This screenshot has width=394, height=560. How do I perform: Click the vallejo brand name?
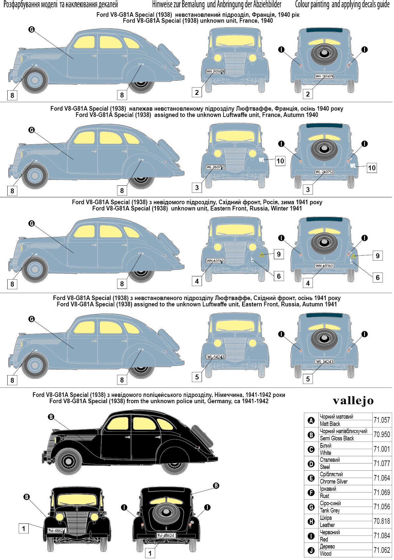pos(353,401)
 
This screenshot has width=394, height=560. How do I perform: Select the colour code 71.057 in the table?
pos(381,420)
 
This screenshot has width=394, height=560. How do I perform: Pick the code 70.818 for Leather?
pos(381,521)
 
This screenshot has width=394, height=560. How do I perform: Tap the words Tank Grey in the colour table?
pos(330,510)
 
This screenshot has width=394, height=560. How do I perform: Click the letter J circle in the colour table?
pos(311,550)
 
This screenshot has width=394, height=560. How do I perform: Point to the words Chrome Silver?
pos(333,481)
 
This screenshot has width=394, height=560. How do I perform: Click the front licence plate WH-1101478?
pos(215,71)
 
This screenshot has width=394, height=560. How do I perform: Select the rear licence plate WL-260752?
pos(324,172)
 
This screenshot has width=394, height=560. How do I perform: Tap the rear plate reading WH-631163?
pos(324,266)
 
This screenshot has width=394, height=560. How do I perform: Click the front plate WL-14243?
pos(215,357)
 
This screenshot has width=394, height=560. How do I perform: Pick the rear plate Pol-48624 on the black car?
pos(166,536)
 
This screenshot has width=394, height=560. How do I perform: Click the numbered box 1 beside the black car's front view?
pos(23,529)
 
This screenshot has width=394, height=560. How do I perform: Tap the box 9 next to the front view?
pos(279,254)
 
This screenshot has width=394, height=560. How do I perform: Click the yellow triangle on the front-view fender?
pos(262,255)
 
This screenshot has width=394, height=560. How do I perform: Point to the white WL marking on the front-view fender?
pos(261,160)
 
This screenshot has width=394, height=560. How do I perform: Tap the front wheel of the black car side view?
pos(69,461)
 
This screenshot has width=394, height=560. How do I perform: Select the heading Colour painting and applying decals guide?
pos(342,5)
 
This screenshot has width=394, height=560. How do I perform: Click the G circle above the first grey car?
pos(32,30)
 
